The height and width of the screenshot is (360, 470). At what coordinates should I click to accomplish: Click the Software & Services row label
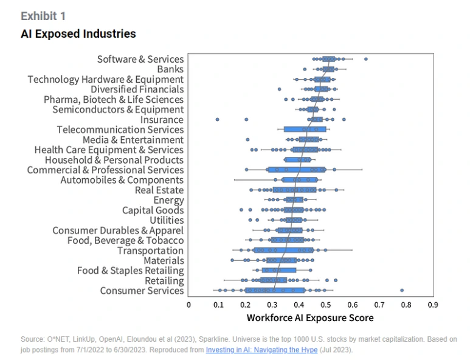[140, 59]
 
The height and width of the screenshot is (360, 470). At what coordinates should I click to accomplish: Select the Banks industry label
[170, 69]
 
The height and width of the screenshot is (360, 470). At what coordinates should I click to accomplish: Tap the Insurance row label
[162, 120]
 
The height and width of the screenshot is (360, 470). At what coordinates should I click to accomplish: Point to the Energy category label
[168, 200]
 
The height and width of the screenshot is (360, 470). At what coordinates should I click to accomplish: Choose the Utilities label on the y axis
[167, 220]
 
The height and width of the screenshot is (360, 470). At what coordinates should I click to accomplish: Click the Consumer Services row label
[142, 291]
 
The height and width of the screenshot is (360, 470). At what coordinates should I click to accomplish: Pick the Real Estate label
[159, 190]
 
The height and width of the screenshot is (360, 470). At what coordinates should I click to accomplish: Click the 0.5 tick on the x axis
[325, 304]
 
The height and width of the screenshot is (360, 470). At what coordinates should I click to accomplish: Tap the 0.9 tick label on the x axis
[434, 304]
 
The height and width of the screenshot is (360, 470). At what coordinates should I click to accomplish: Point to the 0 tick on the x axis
[188, 304]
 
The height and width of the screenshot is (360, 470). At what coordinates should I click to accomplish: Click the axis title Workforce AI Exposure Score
[310, 318]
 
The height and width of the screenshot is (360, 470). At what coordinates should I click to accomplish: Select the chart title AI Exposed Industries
[78, 34]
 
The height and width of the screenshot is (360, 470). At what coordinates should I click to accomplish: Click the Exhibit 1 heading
[43, 16]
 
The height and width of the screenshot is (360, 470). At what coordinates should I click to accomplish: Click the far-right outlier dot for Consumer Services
[402, 291]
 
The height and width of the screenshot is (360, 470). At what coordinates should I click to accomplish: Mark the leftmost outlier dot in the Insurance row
[217, 120]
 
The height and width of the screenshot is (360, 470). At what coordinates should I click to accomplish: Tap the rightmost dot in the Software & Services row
[365, 59]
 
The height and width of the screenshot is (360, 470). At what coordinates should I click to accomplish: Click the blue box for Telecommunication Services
[298, 130]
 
